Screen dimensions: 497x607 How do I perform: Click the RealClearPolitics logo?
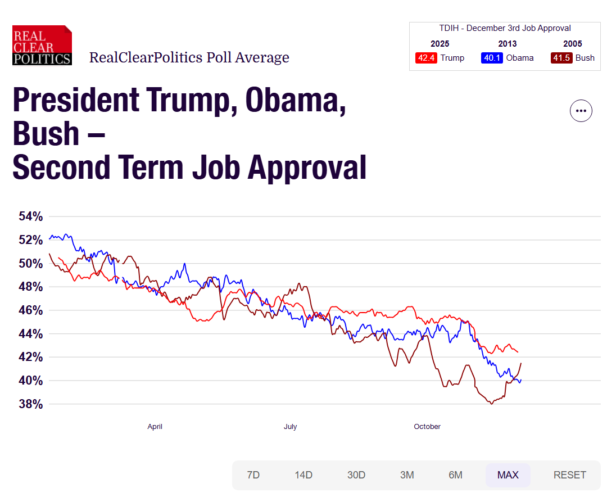(42, 45)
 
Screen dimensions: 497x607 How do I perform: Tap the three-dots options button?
(581, 111)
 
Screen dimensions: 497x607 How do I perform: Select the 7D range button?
(253, 475)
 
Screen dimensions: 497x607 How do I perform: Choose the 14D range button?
(303, 475)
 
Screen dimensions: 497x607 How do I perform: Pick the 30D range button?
(356, 475)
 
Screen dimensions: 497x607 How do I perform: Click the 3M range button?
(407, 475)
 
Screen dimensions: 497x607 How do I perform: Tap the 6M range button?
(455, 475)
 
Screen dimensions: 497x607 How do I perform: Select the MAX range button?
(508, 475)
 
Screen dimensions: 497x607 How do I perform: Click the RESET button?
(570, 475)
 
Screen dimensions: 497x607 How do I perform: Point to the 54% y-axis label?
(30, 216)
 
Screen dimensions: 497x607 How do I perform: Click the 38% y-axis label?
(30, 404)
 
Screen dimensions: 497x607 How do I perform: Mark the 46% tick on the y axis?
(30, 310)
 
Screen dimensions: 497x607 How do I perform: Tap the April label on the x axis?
(155, 427)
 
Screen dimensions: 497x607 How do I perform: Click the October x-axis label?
(427, 427)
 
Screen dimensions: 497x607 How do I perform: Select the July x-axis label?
(290, 427)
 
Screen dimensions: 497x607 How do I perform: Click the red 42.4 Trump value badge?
(426, 58)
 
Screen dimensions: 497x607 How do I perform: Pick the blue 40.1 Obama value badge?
(492, 58)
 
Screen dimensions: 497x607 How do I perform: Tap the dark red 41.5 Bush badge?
(561, 58)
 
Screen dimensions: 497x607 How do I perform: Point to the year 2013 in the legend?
(507, 44)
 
